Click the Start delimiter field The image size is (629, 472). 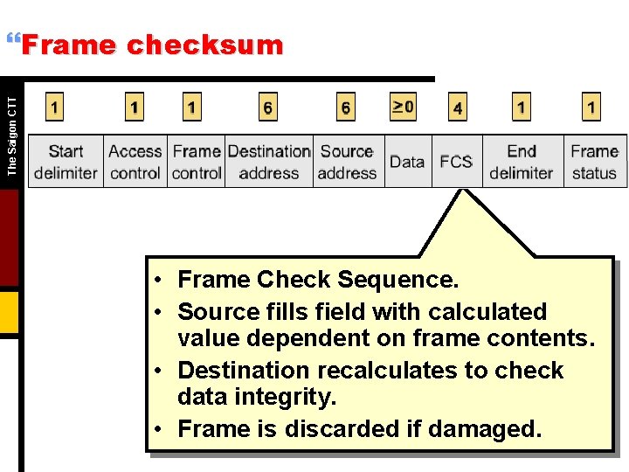point(66,162)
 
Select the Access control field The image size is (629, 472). point(135,162)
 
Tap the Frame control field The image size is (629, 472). point(197,162)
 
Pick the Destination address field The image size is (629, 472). point(269,162)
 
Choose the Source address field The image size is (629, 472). point(347,162)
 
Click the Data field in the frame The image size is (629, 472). point(407,162)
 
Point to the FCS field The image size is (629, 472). point(456,162)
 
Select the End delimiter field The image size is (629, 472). point(522,162)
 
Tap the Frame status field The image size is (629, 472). point(594,162)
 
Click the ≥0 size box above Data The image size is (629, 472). point(403,107)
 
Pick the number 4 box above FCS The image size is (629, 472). point(458,108)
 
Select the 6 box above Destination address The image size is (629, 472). point(267,108)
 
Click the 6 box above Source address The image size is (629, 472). point(346,108)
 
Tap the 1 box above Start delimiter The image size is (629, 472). point(55,108)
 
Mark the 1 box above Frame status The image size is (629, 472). point(591,108)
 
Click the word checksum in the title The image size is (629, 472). point(205,45)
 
